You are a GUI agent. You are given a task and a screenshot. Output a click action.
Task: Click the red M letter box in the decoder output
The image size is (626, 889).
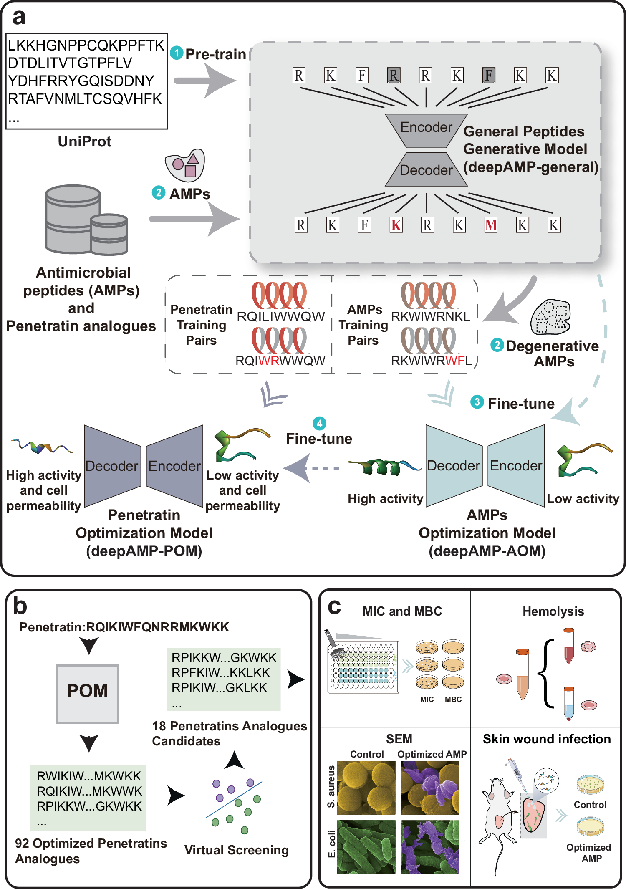[491, 225]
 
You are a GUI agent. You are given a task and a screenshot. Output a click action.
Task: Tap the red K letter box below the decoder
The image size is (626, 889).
[396, 225]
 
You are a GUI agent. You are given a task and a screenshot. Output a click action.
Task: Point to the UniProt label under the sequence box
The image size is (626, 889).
[84, 141]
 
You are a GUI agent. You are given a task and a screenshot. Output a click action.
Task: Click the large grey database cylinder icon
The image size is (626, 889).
[73, 219]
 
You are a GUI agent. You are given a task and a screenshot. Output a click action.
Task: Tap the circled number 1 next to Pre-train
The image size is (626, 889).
[177, 53]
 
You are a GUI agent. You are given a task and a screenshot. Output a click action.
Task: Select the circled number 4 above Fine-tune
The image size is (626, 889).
[319, 423]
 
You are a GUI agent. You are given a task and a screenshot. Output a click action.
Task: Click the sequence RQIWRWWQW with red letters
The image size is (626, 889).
[280, 361]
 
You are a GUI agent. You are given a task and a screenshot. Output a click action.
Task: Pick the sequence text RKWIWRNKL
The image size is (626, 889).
[430, 316]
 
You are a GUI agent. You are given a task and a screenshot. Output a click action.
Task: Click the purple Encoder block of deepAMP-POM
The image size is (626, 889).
[174, 465]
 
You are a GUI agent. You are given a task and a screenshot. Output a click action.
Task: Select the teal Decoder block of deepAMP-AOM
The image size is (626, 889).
[454, 465]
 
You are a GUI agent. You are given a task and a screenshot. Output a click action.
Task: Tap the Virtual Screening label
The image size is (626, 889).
[236, 850]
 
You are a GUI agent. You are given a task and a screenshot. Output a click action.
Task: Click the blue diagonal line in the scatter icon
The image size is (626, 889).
[234, 799]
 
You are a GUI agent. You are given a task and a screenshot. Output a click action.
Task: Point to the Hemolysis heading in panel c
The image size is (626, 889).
[553, 611]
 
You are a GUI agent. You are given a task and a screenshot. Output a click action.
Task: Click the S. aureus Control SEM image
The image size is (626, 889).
[366, 788]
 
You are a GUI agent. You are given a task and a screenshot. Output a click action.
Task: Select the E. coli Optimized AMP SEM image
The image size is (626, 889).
[430, 847]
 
